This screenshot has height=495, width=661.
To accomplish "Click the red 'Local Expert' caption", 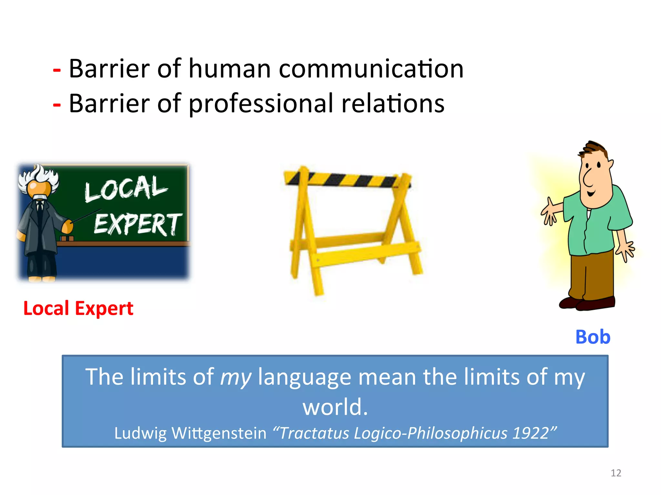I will click(78, 308).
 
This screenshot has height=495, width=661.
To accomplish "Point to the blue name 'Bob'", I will click(593, 337).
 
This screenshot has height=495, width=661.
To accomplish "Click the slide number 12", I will click(616, 473).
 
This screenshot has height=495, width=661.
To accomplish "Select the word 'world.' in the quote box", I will click(335, 407).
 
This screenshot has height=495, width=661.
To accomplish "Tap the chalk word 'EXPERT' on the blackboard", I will click(137, 224).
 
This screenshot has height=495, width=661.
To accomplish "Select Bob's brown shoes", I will click(587, 303).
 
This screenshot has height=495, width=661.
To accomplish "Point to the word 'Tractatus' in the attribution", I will click(314, 433).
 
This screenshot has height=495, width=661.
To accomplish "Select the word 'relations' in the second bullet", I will click(393, 104).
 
